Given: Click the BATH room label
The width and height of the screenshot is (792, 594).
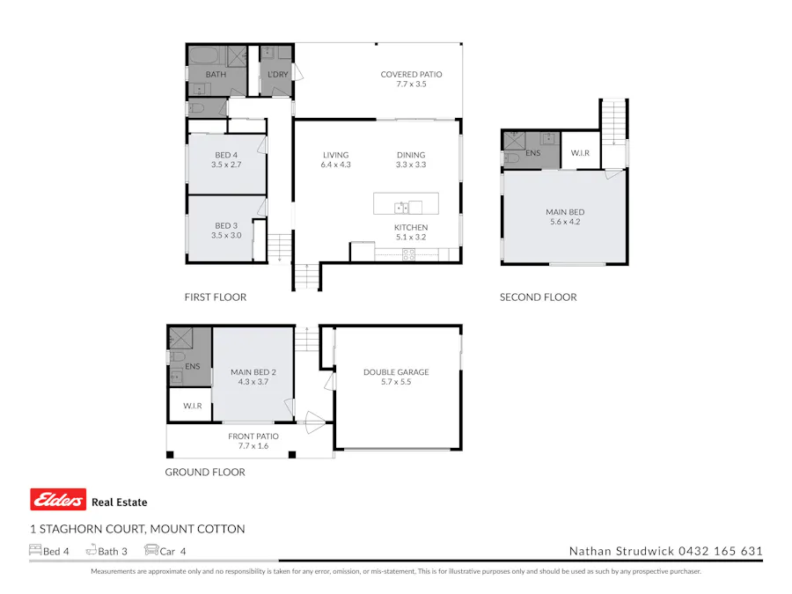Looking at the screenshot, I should [216, 75].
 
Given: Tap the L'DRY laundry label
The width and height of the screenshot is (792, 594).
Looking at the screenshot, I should [278, 75].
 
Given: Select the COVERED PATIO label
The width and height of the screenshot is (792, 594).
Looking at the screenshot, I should [411, 75].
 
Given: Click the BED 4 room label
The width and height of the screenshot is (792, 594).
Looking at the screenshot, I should [226, 155].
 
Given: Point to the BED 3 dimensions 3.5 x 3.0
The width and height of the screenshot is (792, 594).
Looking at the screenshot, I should [226, 235].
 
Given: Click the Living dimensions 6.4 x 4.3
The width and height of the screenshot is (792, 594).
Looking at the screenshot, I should [335, 165].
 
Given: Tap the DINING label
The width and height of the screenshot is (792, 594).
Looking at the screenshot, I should [411, 155].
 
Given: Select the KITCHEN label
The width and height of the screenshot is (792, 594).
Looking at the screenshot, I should [411, 227].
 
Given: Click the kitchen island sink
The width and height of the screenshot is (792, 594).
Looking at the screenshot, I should [401, 208].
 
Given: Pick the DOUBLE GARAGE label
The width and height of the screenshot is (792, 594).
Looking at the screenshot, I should [396, 372].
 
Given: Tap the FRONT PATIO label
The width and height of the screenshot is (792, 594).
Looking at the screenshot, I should [253, 436].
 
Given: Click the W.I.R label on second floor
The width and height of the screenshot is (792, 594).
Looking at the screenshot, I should [580, 154].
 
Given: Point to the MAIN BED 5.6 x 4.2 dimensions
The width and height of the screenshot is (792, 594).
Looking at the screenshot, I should [564, 222].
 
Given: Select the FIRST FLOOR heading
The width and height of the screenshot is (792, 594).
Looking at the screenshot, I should [216, 297].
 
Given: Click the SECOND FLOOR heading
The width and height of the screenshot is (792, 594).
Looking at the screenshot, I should [539, 297].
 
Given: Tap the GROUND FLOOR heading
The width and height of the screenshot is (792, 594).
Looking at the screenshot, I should [205, 473].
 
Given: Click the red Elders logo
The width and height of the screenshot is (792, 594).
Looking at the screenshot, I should [58, 500].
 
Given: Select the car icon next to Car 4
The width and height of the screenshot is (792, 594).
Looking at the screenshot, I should [150, 551].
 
